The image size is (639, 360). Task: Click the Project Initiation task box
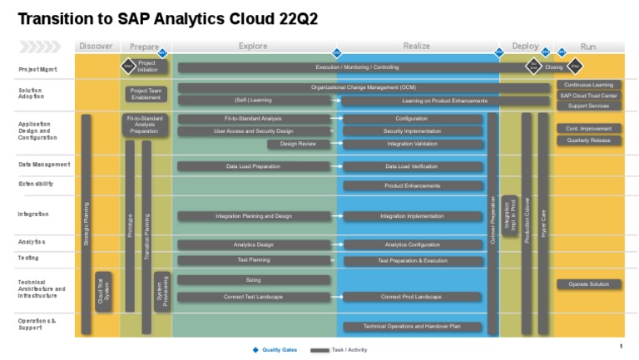coord(147,67)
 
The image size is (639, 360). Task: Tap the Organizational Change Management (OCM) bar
coord(363,87)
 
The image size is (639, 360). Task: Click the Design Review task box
coord(298,144)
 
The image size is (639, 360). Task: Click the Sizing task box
coord(254,280)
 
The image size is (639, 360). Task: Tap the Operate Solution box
coord(589,284)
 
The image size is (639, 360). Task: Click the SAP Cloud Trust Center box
coord(589,96)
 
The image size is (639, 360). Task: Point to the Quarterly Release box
coord(589,141)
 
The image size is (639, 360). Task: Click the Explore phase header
coord(253,47)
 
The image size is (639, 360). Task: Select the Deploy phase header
coord(525,47)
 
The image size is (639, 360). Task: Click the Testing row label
coord(28,258)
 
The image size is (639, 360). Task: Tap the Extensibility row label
coord(36,184)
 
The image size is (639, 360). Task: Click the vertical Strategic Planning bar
coord(86,224)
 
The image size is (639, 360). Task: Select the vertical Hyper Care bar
coord(543,224)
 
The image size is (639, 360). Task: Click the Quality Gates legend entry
coord(275,350)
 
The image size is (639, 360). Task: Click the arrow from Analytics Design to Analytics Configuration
coord(336,244)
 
